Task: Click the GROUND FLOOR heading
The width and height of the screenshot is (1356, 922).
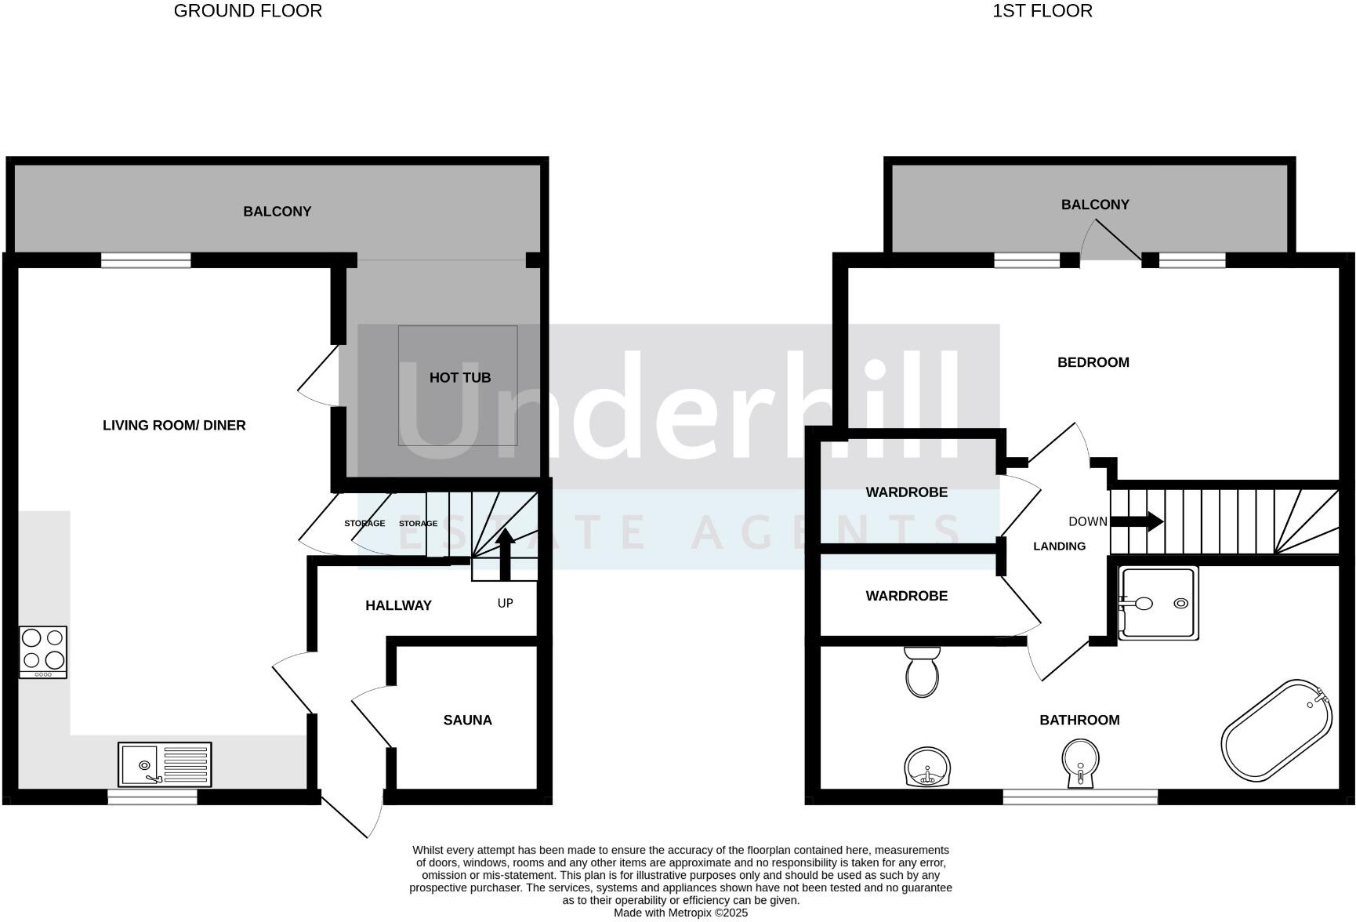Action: [248, 11]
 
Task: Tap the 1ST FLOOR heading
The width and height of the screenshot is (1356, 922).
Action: [1042, 11]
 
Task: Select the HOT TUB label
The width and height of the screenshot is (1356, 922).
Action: [459, 378]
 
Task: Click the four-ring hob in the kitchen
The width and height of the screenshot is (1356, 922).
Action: [43, 652]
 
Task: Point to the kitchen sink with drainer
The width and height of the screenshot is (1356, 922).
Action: [165, 764]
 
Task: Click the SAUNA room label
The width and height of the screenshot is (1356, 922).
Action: [467, 720]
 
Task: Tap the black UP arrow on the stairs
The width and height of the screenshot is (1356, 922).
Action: [505, 553]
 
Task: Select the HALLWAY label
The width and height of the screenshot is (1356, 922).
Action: [398, 605]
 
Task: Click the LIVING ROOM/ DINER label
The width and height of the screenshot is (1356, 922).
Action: [174, 426]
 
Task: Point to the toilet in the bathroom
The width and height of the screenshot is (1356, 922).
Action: [922, 673]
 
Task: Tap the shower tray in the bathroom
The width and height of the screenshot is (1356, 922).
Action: [1158, 603]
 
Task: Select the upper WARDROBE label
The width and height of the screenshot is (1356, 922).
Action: [906, 492]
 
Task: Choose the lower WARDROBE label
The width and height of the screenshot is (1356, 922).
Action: [906, 596]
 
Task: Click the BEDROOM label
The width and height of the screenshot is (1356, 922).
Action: [1093, 362]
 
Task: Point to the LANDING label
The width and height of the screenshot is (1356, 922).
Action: [1059, 546]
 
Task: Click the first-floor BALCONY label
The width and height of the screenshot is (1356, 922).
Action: [1094, 205]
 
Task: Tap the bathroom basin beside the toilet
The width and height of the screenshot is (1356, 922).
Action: [928, 766]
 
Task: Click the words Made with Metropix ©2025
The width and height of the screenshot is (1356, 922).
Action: [680, 913]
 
